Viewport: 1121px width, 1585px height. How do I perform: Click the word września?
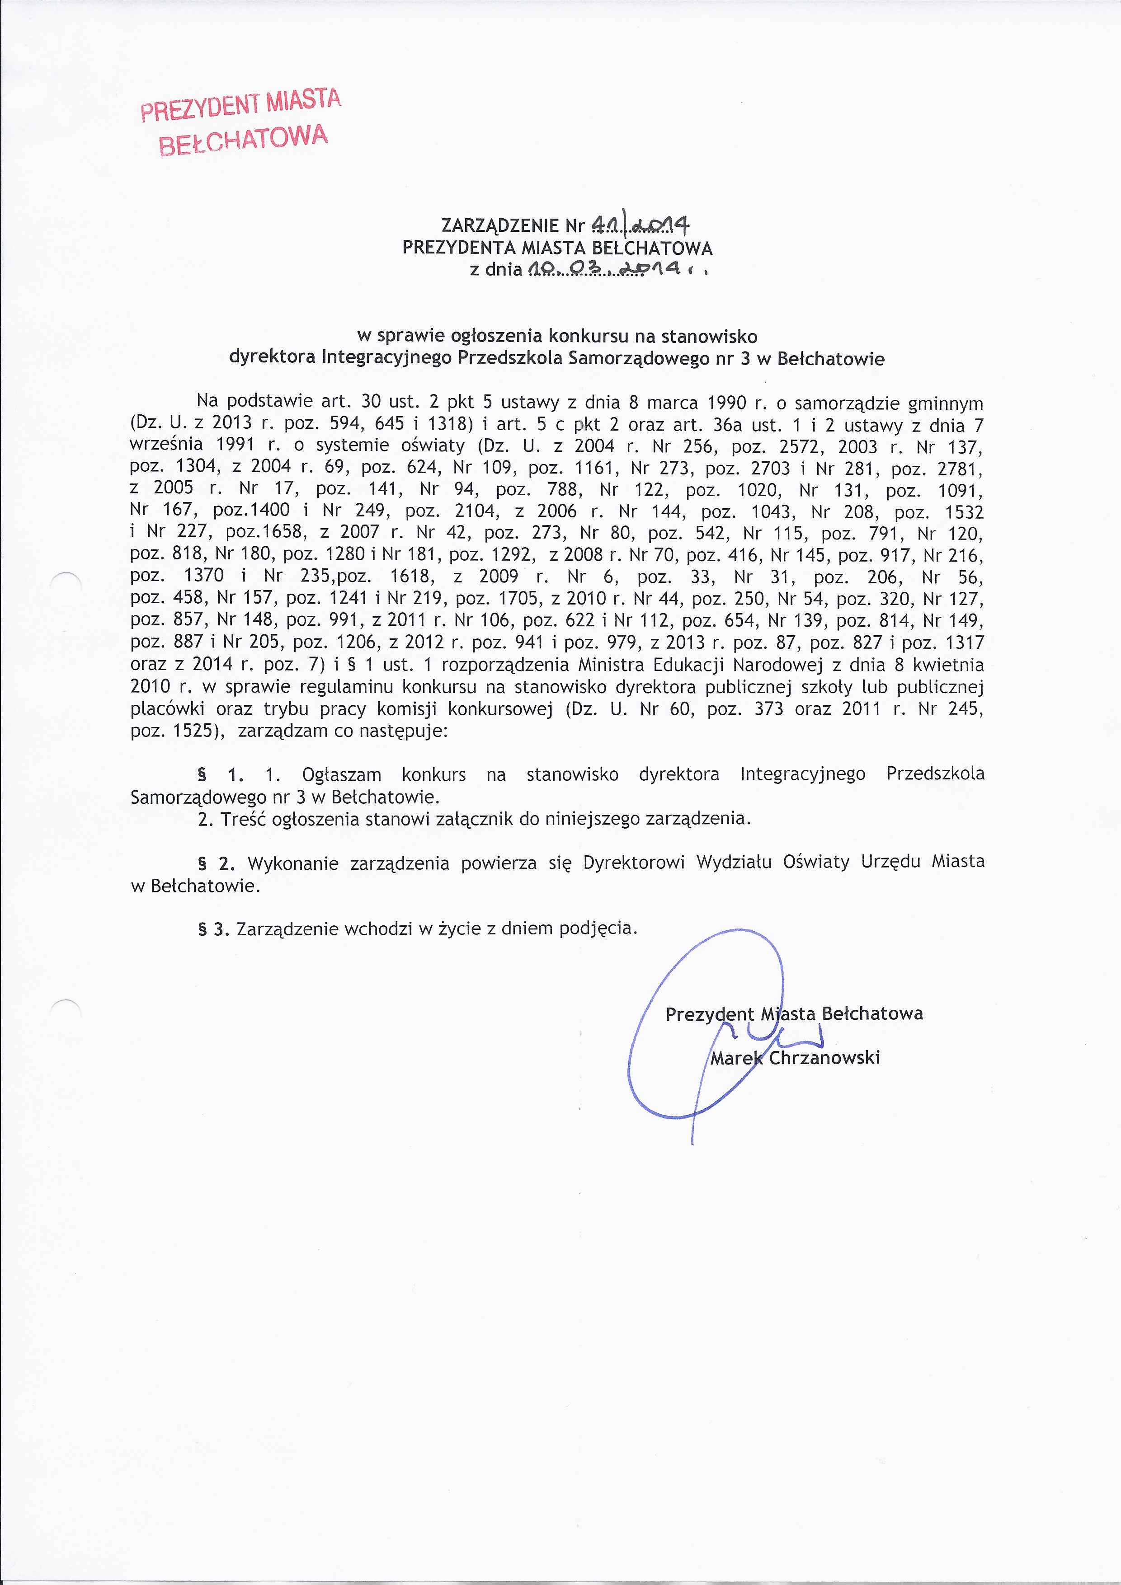(166, 445)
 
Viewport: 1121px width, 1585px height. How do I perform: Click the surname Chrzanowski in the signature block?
(824, 1057)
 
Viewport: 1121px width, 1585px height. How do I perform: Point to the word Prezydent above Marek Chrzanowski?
(709, 1013)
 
